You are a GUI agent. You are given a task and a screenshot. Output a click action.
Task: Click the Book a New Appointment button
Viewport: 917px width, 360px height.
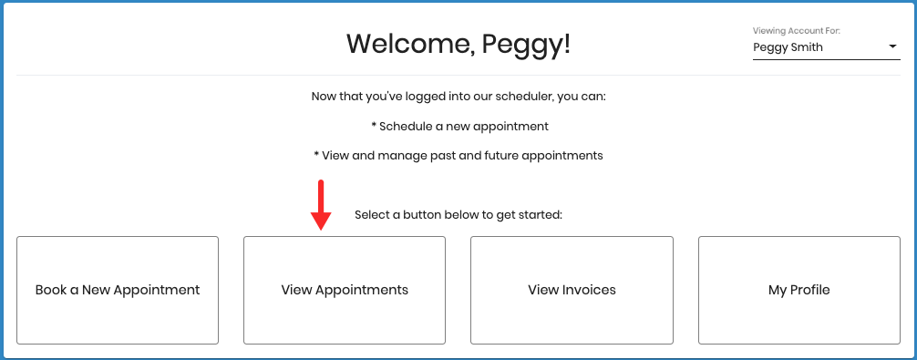click(x=118, y=290)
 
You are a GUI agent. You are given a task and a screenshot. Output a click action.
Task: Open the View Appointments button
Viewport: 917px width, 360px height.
click(x=344, y=290)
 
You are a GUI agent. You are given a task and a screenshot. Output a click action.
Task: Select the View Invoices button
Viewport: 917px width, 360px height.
click(x=572, y=290)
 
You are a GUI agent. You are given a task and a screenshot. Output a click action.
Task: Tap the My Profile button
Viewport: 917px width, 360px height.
click(x=799, y=290)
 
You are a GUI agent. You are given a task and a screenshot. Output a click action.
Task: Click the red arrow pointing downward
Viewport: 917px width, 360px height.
click(x=320, y=205)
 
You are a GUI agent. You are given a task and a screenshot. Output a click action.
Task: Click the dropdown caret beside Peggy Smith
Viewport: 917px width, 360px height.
click(x=892, y=47)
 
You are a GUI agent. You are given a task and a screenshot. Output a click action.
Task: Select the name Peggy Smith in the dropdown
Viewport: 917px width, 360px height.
click(x=788, y=47)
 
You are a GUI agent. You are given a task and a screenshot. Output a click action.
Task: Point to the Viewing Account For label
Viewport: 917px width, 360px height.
click(x=796, y=31)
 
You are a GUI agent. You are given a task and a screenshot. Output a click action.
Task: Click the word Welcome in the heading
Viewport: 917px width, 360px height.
click(x=406, y=44)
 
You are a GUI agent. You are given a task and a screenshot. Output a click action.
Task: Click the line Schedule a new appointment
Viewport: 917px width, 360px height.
click(x=464, y=126)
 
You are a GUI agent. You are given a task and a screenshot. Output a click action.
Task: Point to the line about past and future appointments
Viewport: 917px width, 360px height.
click(x=458, y=155)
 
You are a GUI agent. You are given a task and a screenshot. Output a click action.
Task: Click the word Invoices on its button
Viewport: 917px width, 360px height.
click(x=589, y=290)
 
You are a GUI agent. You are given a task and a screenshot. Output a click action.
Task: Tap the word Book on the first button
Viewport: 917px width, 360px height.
click(x=50, y=290)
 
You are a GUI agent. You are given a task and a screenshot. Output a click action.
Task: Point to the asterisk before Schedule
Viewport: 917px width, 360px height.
click(x=374, y=126)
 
